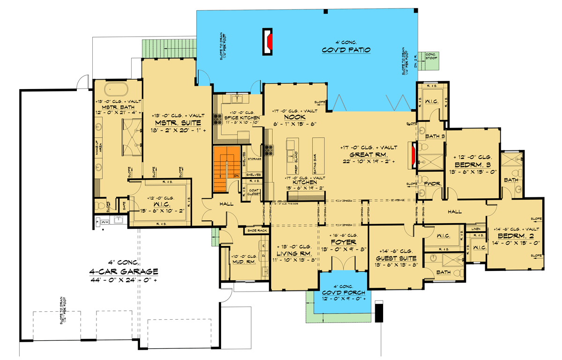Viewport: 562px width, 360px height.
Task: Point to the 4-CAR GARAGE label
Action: click(x=124, y=272)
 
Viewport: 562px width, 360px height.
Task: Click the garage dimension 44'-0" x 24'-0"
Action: click(x=124, y=280)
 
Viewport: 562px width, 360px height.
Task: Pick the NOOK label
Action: click(x=295, y=117)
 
